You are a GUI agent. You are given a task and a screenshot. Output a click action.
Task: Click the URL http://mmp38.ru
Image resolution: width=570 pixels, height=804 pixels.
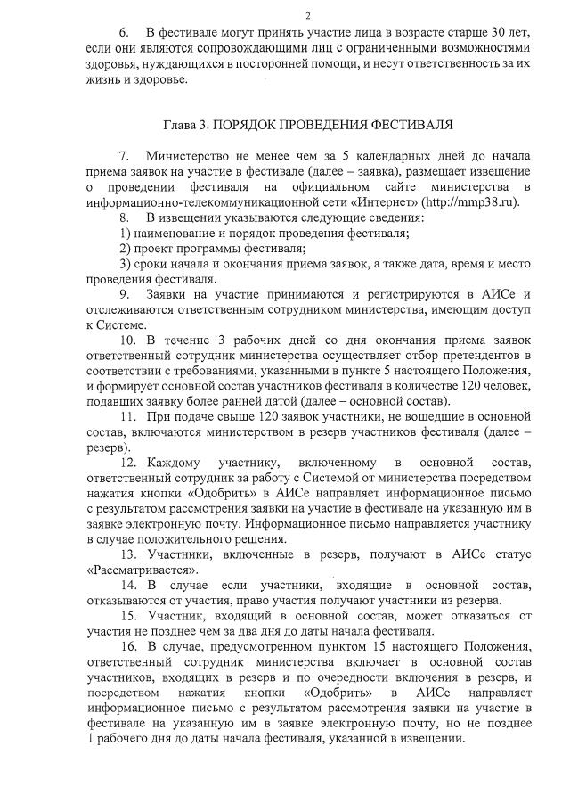click(x=476, y=202)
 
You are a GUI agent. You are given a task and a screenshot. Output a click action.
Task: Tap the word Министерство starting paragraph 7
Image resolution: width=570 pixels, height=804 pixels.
click(x=191, y=157)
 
